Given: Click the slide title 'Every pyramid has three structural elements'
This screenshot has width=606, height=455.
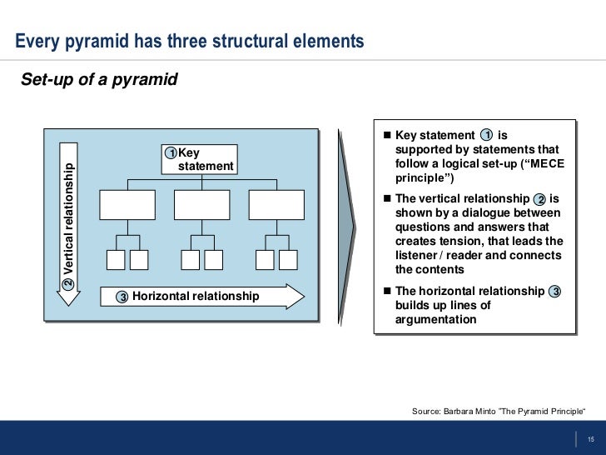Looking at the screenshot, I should click(190, 41).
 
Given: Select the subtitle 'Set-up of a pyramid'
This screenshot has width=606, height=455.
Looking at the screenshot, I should click(98, 81).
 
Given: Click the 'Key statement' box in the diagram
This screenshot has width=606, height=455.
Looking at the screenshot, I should click(200, 159).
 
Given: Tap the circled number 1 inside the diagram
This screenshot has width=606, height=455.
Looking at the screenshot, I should click(170, 153).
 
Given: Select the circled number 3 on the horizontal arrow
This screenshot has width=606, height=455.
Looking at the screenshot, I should click(122, 297).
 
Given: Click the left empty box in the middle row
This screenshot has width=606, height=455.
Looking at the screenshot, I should click(127, 204).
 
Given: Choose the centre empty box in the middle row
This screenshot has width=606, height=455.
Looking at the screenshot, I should click(201, 204).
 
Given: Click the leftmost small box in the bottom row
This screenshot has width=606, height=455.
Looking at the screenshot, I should click(116, 259).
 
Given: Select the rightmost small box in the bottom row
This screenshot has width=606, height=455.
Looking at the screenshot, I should click(288, 259).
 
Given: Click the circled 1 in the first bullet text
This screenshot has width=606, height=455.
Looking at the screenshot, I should click(487, 135).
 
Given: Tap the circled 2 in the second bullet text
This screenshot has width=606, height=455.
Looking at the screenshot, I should click(540, 199).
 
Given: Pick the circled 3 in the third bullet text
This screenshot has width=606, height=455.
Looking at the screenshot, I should click(555, 291).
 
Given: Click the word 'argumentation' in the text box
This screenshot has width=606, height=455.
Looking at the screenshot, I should click(436, 319).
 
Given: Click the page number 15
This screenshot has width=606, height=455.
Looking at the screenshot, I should click(590, 440).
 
